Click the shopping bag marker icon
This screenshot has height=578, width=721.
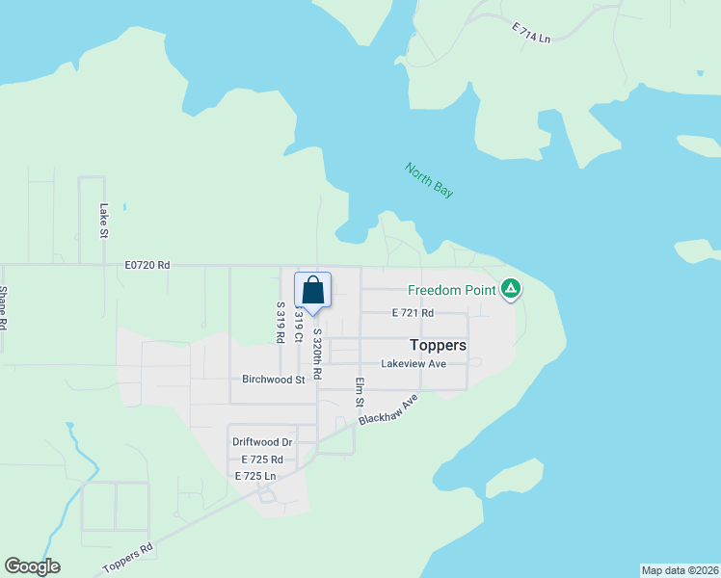coord(313,289)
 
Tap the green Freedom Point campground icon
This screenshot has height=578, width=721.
coord(511,288)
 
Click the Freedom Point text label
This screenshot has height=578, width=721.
coord(451,289)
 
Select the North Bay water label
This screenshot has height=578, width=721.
coord(429,181)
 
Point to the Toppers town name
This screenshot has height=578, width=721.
coord(438,345)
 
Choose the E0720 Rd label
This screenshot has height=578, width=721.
coord(147,265)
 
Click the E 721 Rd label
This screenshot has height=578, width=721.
coord(413,313)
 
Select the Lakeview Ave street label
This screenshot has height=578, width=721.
coord(414,364)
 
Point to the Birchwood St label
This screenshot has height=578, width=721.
coord(273,380)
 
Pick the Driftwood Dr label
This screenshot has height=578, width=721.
coord(262,442)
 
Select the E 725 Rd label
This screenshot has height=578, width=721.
coord(261,460)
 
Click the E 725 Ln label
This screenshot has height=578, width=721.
coord(255,476)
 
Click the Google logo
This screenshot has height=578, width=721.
coord(32,566)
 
